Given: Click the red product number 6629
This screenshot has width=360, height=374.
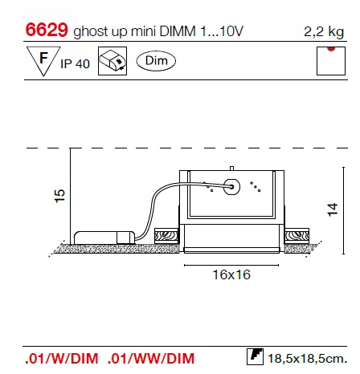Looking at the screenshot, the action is (x=47, y=30).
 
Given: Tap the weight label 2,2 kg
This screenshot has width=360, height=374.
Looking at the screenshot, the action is (x=324, y=32).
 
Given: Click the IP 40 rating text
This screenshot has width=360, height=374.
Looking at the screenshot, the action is (x=75, y=64).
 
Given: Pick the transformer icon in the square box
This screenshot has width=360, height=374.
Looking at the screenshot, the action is (x=112, y=61).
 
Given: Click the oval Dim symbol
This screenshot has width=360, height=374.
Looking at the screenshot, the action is (x=156, y=61).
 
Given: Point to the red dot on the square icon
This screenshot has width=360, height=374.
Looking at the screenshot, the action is (x=331, y=49).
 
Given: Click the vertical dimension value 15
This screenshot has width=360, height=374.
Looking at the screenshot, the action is (x=59, y=196).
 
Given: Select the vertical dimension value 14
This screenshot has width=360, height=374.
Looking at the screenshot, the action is (x=333, y=209).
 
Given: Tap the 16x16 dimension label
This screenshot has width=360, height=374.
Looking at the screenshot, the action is (x=231, y=274).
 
